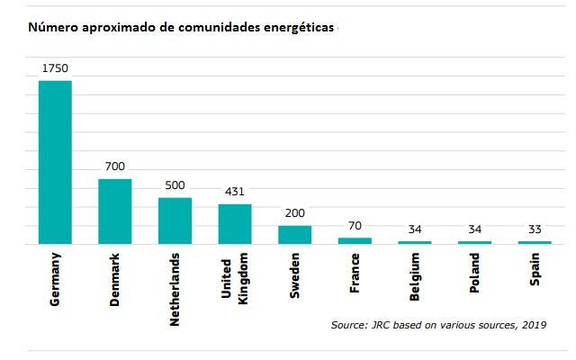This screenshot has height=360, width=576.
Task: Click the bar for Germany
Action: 55,162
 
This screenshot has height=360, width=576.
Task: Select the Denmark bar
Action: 115,211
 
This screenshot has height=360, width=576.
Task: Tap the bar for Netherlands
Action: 175,220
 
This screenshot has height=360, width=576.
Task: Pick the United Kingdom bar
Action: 235,224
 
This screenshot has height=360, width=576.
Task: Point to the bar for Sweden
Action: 294,235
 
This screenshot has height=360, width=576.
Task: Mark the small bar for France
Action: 355,240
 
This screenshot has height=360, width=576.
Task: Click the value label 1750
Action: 55,67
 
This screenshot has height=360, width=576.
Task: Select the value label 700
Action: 115,166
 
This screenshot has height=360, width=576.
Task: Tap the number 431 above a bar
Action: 235,192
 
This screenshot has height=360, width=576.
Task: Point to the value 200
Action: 294,212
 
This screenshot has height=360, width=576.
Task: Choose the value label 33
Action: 535,229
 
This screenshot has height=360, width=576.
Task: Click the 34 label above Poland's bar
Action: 474,229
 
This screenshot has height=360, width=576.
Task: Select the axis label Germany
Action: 55,280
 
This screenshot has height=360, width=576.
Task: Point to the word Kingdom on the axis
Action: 242,280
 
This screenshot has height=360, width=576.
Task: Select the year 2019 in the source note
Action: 533,324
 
